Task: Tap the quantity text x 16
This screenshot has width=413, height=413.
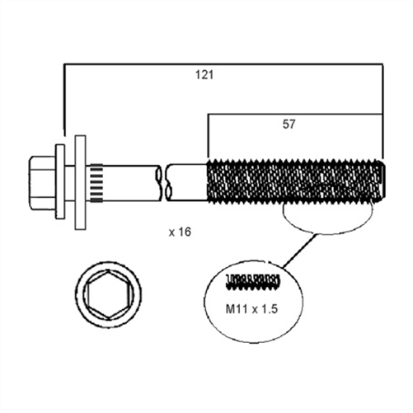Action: coord(179,232)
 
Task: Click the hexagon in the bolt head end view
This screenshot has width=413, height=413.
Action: coord(107,298)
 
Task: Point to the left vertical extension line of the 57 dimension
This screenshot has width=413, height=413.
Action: coord(208,136)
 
